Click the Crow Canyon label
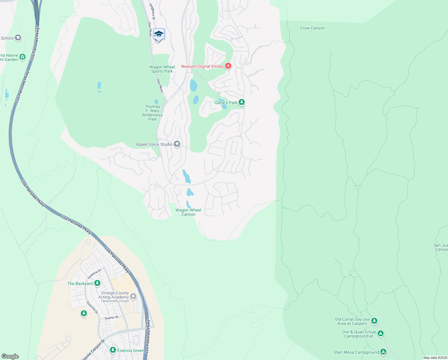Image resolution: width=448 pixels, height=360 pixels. click(312, 28)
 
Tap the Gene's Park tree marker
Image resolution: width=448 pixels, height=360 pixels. click(241, 102)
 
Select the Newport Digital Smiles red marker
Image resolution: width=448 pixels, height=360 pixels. click(228, 66)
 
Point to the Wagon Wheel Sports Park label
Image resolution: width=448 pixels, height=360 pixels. click(162, 69)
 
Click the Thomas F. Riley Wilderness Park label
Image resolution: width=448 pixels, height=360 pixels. click(152, 113)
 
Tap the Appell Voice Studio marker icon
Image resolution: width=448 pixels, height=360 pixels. click(177, 144)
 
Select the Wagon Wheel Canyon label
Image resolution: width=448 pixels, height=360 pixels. click(188, 212)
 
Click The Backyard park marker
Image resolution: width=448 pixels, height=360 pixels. click(97, 283)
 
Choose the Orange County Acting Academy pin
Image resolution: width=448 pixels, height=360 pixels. click(133, 296)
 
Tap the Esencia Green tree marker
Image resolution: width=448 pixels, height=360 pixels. click(113, 350)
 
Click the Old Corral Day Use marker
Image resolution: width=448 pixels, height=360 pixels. click(374, 321)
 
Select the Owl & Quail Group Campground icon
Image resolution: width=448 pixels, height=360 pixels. click(380, 334)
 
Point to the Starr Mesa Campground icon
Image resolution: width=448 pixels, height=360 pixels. click(383, 352)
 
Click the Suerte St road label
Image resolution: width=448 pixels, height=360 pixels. click(111, 318)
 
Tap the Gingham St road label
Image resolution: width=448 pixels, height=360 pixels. click(152, 12)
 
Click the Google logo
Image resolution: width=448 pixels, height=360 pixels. click(10, 356)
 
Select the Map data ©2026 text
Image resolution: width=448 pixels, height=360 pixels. click(435, 358)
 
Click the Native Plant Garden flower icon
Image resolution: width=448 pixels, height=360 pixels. click(22, 57)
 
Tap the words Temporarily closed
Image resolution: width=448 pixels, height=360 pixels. click(115, 301)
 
